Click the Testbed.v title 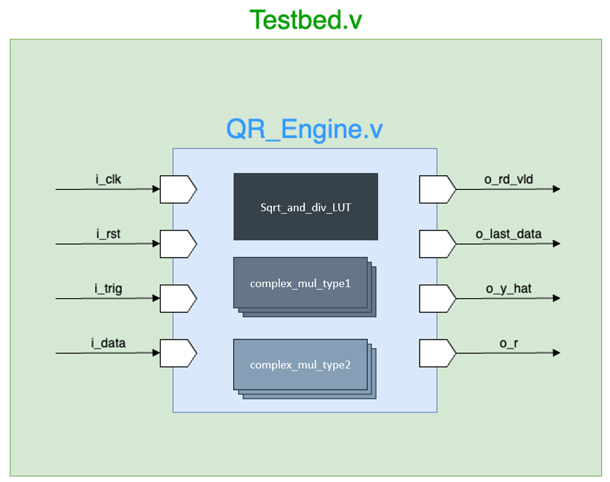pos(306,19)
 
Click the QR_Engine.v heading pos(305,129)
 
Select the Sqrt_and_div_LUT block pos(305,207)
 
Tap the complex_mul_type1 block pos(300,283)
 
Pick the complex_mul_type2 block pos(300,365)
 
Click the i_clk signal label pos(108,179)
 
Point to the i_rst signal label pos(108,234)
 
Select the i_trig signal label pos(108,288)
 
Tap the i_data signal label pos(109,343)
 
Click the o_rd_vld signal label pos(508,179)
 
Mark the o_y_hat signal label pos(508,288)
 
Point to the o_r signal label pos(508,343)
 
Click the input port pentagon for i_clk pos(177,189)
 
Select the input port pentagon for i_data pos(177,353)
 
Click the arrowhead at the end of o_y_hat pos(556,299)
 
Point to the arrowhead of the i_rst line pos(156,244)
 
